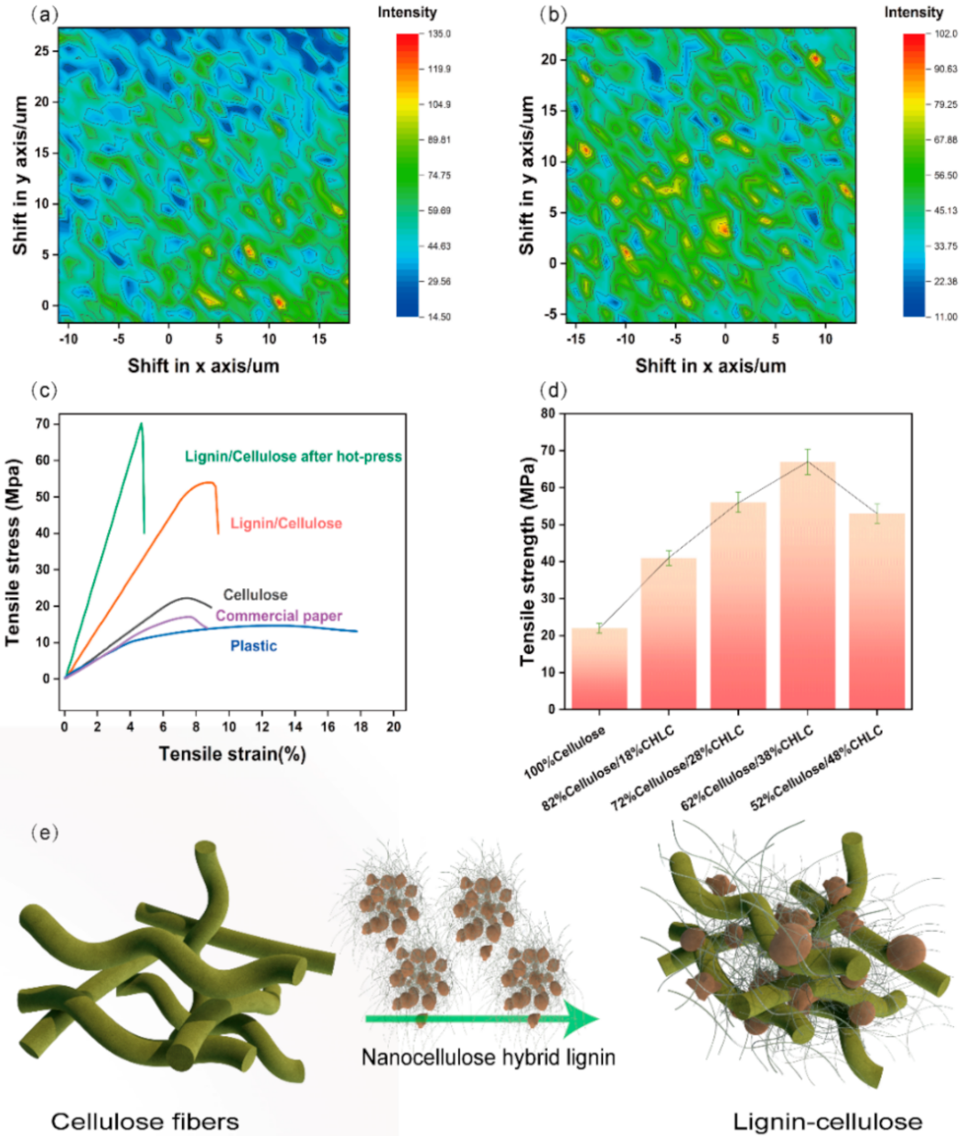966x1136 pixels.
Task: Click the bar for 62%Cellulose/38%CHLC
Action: click(x=808, y=585)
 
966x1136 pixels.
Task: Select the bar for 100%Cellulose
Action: click(x=599, y=668)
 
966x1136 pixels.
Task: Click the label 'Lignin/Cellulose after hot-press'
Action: click(x=293, y=456)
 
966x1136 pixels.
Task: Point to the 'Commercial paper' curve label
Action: click(x=279, y=616)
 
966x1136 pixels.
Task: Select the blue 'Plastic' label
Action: click(x=253, y=646)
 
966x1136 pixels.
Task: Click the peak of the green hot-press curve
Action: click(x=141, y=423)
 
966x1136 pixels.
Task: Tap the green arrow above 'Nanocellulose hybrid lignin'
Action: click(x=481, y=1018)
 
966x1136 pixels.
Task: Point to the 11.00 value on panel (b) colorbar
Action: click(x=946, y=316)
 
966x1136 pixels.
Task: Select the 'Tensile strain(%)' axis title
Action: click(x=231, y=754)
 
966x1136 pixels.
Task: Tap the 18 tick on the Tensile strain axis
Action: click(x=360, y=726)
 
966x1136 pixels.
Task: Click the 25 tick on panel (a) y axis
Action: click(x=42, y=51)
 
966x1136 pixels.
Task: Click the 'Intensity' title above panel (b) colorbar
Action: click(x=913, y=13)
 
